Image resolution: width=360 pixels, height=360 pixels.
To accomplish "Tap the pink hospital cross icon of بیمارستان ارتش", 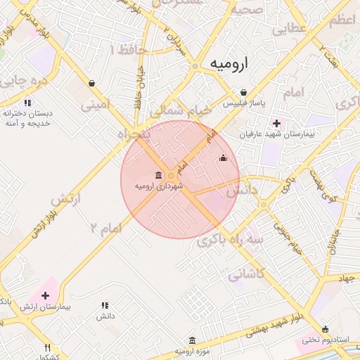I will point(46,295).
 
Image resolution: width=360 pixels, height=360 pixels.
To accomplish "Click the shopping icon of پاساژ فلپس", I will point(243,92).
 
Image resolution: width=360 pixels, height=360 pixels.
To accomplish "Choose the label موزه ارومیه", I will point(190,349).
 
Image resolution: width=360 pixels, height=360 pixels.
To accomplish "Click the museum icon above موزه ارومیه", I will point(191,338).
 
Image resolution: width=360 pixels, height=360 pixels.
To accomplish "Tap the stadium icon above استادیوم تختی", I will point(325,329).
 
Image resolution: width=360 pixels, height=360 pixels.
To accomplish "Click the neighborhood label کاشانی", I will point(245,274).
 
